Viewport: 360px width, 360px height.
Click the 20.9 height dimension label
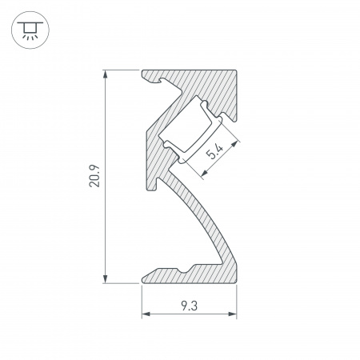click(94, 176)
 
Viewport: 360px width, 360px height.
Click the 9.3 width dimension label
click(189, 306)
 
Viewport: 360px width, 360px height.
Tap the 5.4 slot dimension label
click(215, 152)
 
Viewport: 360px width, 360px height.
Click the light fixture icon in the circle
click(30, 30)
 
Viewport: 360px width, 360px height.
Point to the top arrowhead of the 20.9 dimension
click(106, 74)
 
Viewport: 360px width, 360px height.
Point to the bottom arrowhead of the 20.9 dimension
click(106, 279)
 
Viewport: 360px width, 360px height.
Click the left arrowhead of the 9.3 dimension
click(146, 314)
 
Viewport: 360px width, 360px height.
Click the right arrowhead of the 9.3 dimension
click(233, 314)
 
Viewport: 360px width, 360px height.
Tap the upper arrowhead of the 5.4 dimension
click(234, 144)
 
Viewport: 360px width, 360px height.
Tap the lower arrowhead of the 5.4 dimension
click(204, 174)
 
